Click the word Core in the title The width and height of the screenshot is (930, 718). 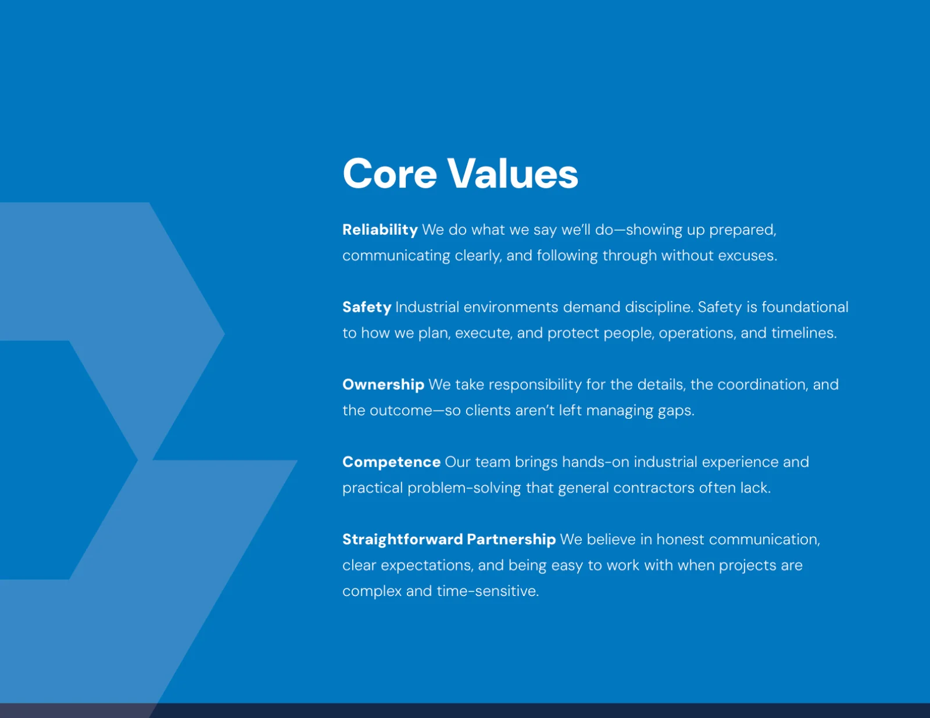pyautogui.click(x=389, y=173)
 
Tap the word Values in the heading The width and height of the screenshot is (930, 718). pyautogui.click(x=513, y=173)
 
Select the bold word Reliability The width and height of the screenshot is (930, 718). pyautogui.click(x=380, y=229)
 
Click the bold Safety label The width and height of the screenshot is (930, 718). pyautogui.click(x=367, y=307)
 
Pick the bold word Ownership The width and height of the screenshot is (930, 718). pyautogui.click(x=384, y=385)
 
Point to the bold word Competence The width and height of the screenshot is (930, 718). pyautogui.click(x=392, y=462)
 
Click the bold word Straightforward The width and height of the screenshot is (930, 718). pyautogui.click(x=403, y=539)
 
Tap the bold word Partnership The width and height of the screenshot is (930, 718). pyautogui.click(x=512, y=539)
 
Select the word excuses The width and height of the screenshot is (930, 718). pyautogui.click(x=747, y=256)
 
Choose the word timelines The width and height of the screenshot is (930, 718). pyautogui.click(x=804, y=333)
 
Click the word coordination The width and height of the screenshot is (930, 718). pyautogui.click(x=763, y=385)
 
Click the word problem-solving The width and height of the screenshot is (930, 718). pyautogui.click(x=464, y=488)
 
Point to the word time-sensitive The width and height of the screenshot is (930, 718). pyautogui.click(x=488, y=591)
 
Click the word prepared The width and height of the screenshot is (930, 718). pyautogui.click(x=742, y=230)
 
